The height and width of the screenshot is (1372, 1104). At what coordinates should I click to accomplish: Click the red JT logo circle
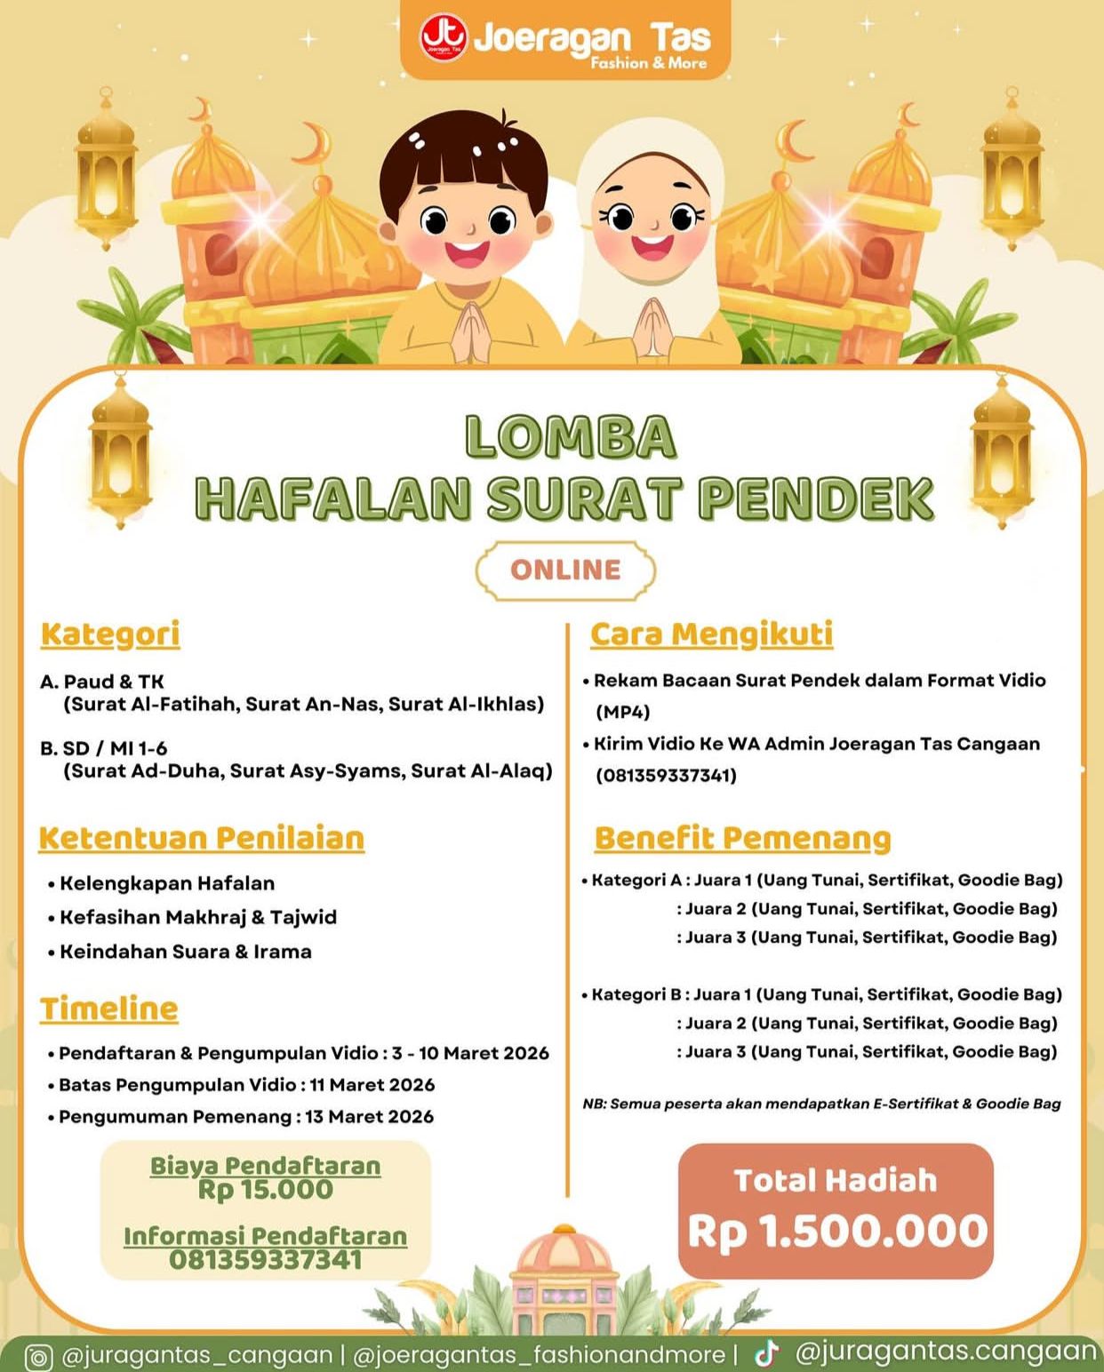coord(443,38)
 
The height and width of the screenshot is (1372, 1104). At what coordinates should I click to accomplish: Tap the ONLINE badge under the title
coord(565,570)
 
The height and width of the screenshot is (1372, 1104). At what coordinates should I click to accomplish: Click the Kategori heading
coord(110,634)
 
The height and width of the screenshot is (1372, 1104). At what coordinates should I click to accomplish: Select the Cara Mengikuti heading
coord(711,634)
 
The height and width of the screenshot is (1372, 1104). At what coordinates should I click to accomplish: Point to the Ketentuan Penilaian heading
coord(202,838)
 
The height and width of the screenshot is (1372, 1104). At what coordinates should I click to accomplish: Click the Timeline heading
coord(108,1009)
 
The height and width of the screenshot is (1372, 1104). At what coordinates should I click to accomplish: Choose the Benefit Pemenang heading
coord(742,838)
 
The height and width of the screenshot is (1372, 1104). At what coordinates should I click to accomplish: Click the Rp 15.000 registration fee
coord(265,1190)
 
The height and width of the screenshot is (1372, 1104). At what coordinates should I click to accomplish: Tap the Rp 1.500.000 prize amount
coord(836,1232)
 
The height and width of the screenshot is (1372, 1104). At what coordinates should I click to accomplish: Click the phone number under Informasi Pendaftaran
coord(265,1259)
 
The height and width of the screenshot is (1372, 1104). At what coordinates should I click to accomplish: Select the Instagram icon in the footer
coord(38,1357)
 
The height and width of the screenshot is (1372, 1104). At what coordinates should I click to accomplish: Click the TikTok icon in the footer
coord(766,1353)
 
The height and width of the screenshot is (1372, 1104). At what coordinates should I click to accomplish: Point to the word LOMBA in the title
coord(570,437)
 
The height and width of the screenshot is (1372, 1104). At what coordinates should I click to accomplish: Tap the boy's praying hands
coord(471,331)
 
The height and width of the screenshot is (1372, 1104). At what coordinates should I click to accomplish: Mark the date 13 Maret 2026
coord(369,1117)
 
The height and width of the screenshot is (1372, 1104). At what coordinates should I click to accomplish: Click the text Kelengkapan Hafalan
coord(167,883)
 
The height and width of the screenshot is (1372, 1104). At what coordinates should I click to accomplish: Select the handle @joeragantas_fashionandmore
coord(539,1355)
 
